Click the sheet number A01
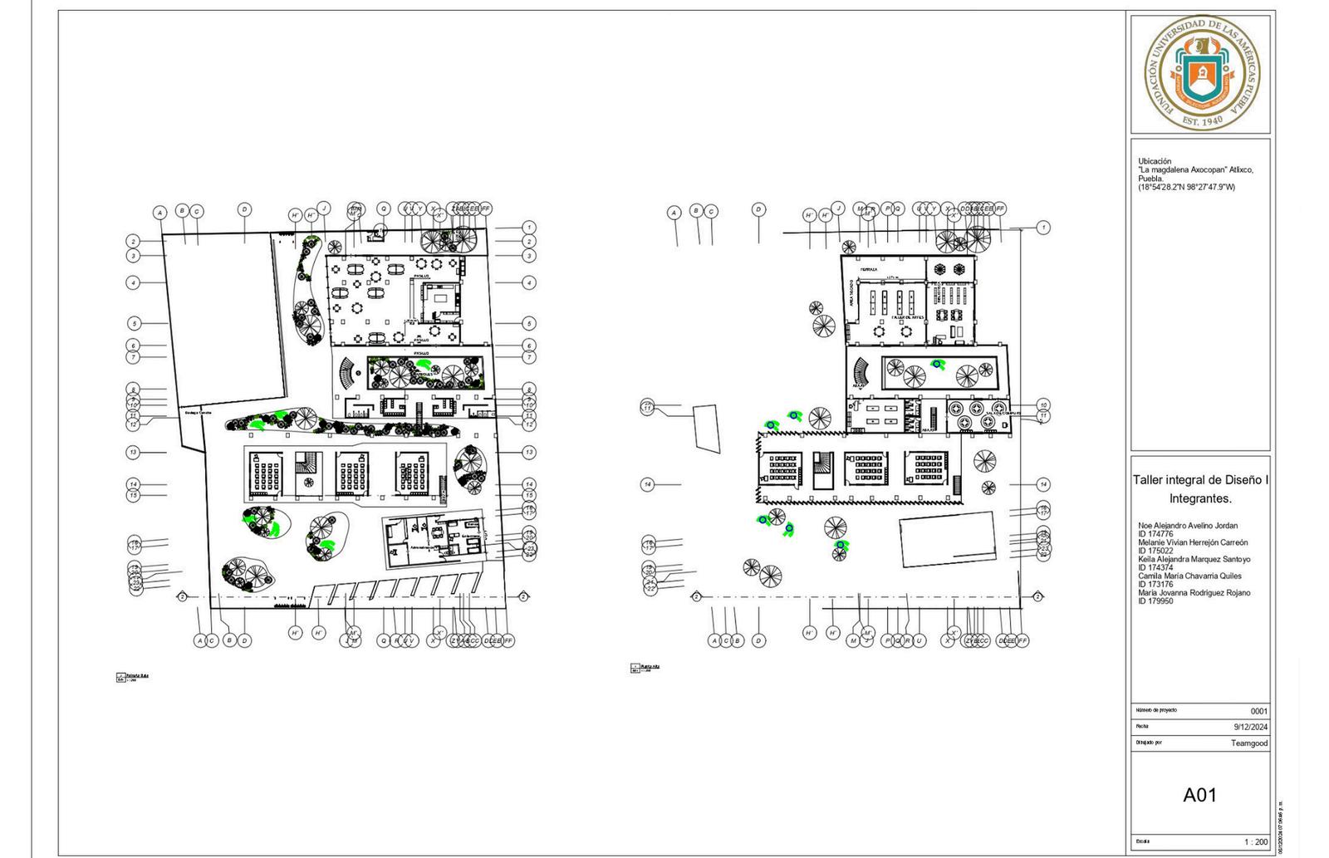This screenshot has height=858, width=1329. click(1199, 795)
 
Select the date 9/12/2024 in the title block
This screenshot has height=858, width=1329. click(1251, 727)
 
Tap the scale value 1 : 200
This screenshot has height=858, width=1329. click(1256, 842)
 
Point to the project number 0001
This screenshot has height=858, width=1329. click(1259, 711)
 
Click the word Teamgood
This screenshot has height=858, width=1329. click(1249, 743)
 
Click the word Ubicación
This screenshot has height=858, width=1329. click(1155, 161)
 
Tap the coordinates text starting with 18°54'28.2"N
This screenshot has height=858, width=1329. click(1186, 187)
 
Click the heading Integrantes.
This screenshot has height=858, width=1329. click(1199, 499)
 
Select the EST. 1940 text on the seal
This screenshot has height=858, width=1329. click(1202, 120)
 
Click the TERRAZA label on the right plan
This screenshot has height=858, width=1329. click(869, 269)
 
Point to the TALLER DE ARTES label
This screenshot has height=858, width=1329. click(908, 317)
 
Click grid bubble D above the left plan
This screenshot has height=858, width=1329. click(244, 209)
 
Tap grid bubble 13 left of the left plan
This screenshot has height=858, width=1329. click(133, 453)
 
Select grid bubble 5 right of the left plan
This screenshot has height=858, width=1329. click(529, 323)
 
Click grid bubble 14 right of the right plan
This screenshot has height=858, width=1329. click(1043, 484)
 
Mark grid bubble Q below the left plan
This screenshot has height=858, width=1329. click(384, 640)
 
